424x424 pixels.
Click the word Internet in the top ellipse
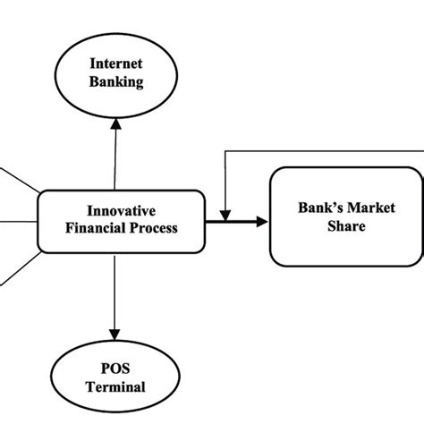114,65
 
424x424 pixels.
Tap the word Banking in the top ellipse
114,83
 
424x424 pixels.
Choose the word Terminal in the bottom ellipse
114,388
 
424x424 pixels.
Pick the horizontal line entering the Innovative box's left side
18,220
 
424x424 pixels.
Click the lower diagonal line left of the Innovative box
18,267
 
